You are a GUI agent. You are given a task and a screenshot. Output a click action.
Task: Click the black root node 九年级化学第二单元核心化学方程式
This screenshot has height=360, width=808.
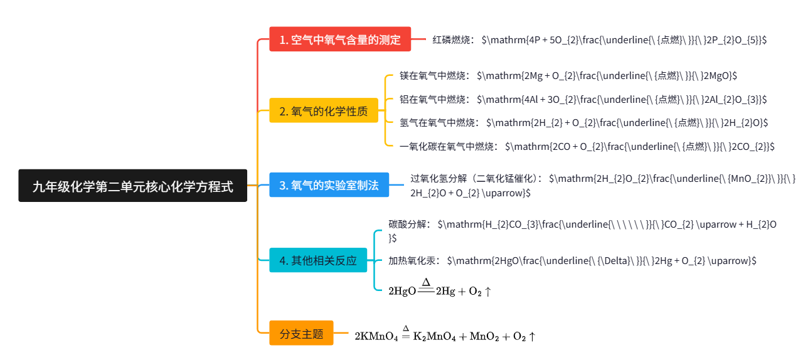132,186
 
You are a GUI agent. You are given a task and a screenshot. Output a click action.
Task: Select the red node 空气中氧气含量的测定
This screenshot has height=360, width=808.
340,40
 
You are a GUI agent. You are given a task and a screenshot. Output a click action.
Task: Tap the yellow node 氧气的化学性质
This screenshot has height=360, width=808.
324,112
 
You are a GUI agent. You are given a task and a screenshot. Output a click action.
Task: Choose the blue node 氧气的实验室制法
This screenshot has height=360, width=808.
329,186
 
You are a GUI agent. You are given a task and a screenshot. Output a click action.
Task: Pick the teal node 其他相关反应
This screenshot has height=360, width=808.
318,260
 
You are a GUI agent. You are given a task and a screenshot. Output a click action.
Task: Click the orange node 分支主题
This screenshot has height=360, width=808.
301,334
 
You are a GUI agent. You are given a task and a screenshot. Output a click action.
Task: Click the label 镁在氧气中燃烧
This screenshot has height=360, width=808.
433,75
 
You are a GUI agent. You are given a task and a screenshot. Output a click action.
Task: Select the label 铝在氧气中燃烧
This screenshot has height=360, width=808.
433,99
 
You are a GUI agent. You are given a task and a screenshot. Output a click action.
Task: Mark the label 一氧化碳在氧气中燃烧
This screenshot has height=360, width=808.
448,146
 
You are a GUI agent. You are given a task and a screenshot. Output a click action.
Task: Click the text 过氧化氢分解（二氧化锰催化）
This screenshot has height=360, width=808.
476,179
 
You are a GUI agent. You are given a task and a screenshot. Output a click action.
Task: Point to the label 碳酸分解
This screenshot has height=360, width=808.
409,224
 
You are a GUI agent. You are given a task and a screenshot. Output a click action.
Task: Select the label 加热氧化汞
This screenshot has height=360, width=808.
414,260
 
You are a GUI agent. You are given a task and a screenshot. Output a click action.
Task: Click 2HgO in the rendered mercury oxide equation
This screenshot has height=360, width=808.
402,291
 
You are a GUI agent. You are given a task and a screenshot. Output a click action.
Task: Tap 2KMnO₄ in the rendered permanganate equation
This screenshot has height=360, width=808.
376,337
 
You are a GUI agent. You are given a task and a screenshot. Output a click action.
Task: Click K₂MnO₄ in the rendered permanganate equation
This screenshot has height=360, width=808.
434,337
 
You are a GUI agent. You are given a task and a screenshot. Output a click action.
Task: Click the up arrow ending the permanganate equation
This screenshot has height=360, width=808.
532,337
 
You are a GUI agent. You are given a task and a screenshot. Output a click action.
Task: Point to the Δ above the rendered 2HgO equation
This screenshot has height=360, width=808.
426,282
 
